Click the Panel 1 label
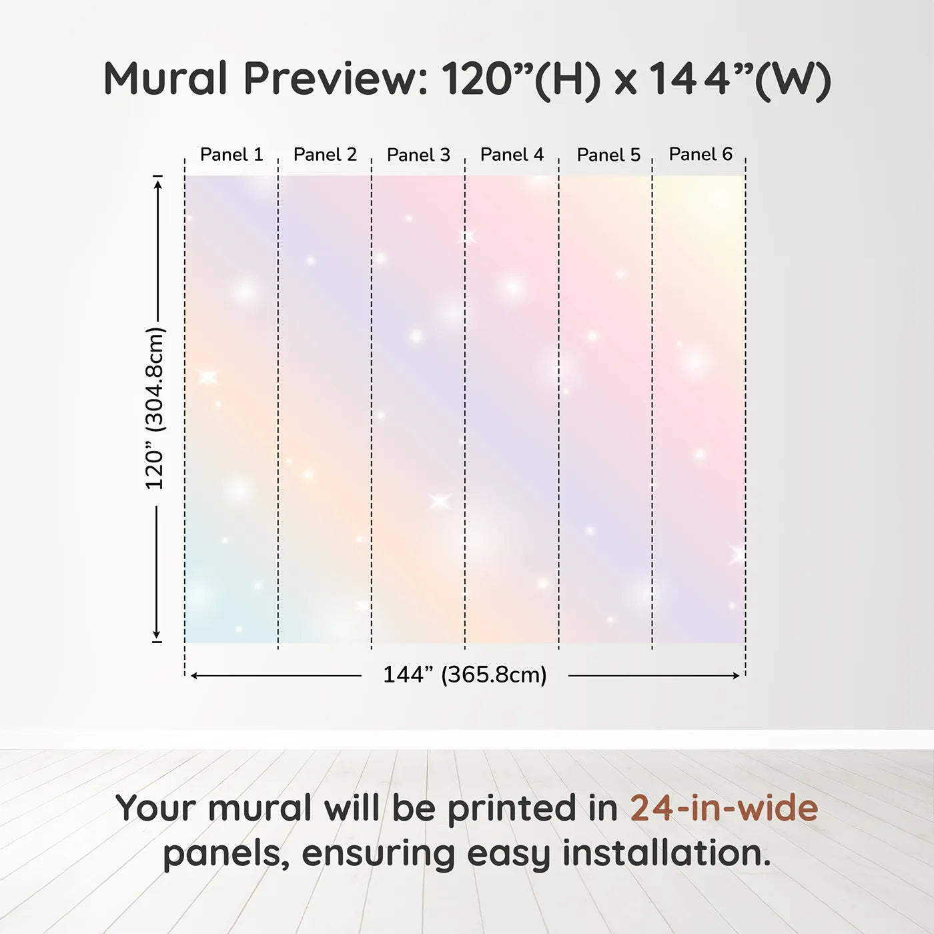(231, 155)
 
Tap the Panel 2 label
(325, 155)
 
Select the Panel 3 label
(419, 155)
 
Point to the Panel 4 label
(512, 155)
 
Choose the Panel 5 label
(609, 155)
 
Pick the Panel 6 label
(701, 154)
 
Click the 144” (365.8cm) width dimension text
(465, 674)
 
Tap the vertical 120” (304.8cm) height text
(155, 408)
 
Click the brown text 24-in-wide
(724, 808)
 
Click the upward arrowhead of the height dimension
(157, 183)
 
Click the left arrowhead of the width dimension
(194, 676)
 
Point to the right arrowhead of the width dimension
(735, 676)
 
